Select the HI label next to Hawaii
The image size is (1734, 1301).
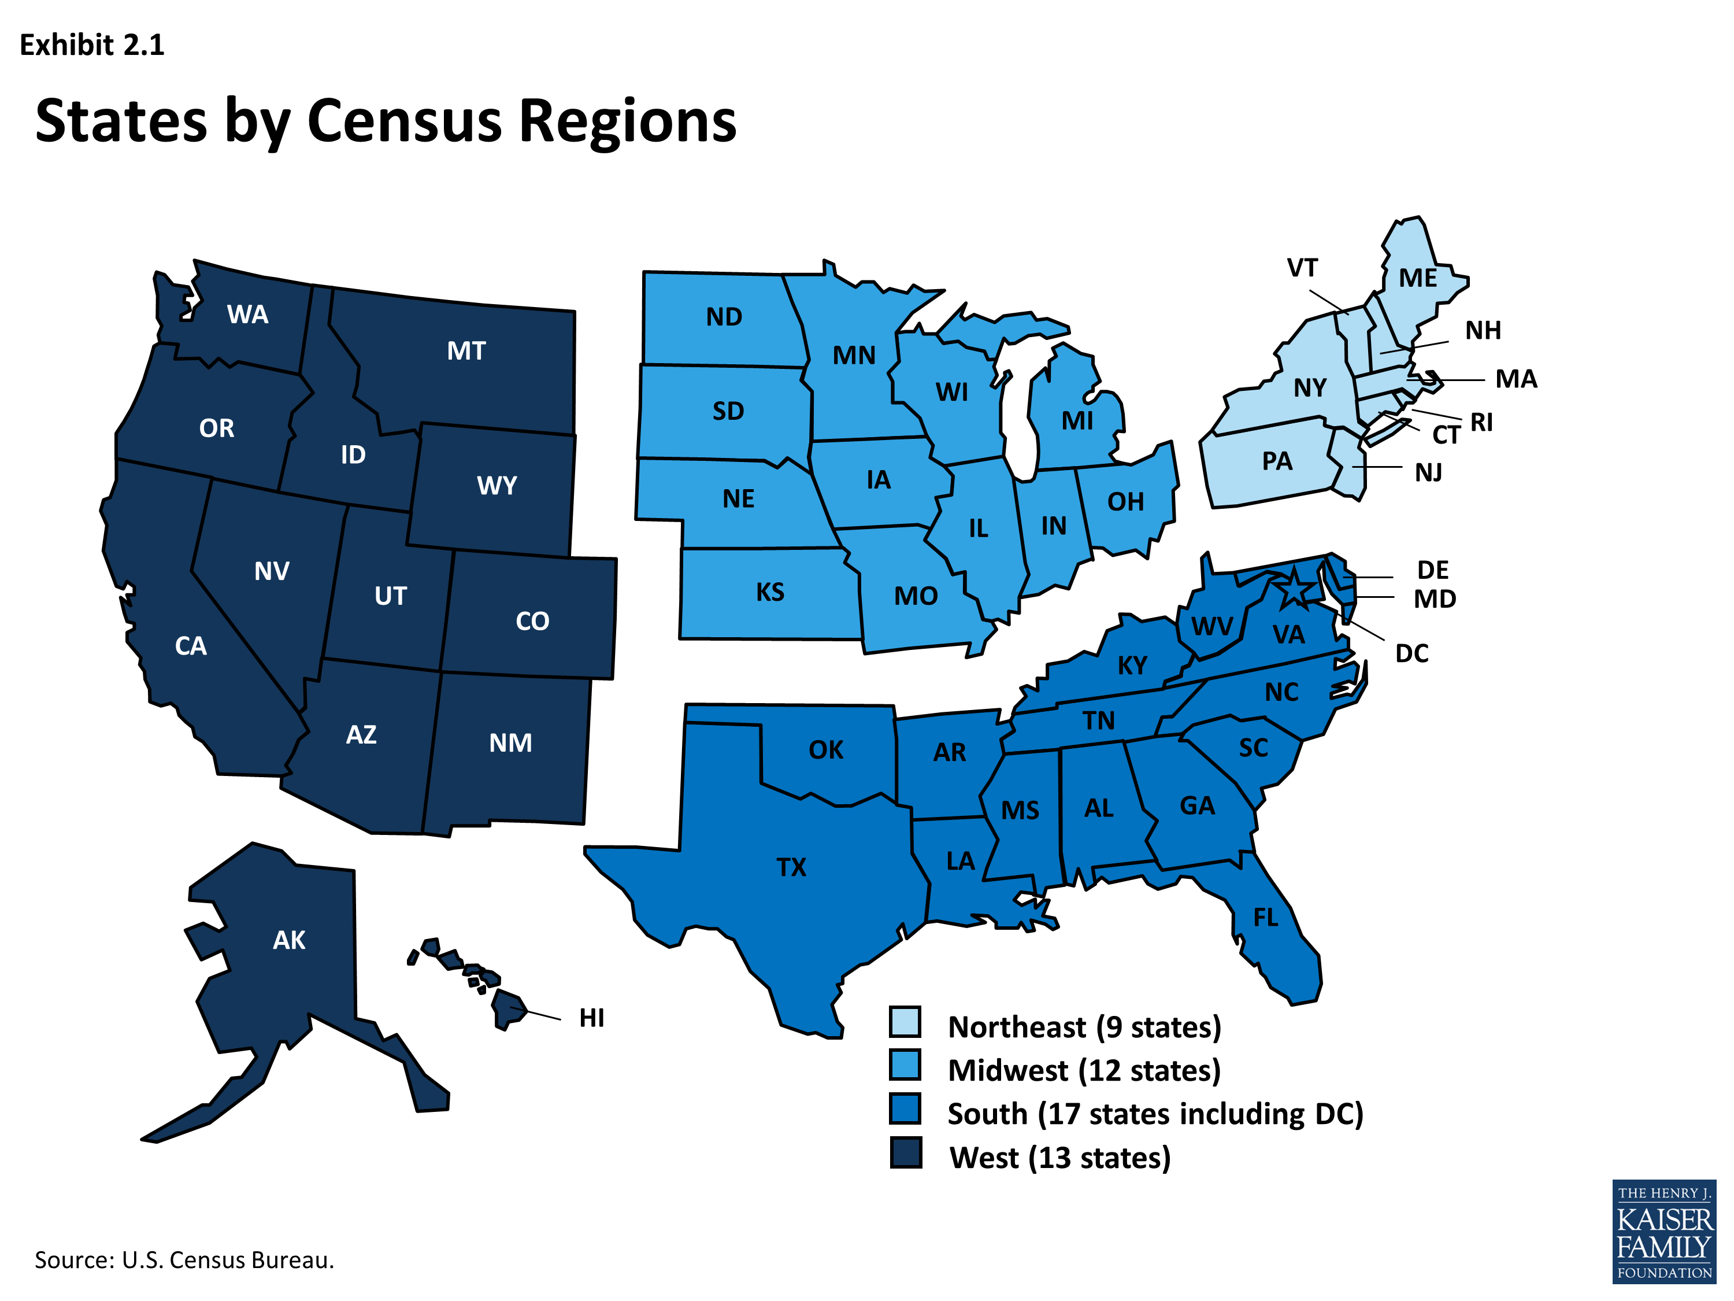point(592,1018)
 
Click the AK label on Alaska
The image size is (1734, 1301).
point(288,940)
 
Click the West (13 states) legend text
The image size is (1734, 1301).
point(1060,1158)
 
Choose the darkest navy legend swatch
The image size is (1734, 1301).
point(905,1153)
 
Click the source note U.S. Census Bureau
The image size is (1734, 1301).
point(184,1260)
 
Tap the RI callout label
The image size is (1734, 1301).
point(1481,423)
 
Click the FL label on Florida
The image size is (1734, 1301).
point(1265,918)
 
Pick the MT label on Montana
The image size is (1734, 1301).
point(466,350)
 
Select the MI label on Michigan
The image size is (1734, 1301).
point(1077,421)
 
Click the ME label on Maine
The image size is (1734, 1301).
point(1418,278)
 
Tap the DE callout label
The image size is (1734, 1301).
point(1433,570)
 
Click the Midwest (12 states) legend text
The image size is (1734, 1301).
point(1084,1070)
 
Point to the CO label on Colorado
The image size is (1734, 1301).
point(532,621)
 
